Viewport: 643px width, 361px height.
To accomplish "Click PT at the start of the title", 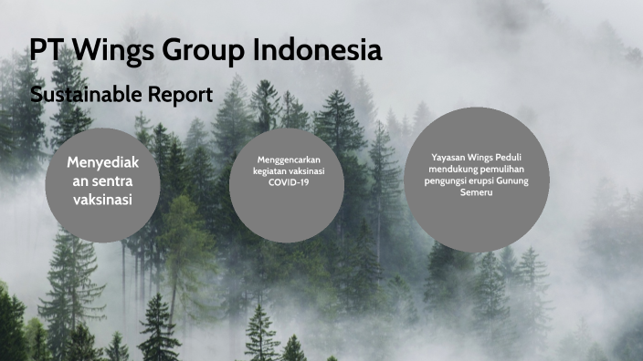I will point(47,50).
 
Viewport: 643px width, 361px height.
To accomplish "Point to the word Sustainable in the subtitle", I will point(82,94).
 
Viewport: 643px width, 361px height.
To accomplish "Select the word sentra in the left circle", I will point(113,180).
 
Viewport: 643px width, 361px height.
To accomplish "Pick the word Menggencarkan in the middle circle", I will point(287,159).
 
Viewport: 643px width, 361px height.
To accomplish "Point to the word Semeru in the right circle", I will point(478,192).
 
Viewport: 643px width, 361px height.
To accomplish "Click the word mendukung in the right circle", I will point(454,169).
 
